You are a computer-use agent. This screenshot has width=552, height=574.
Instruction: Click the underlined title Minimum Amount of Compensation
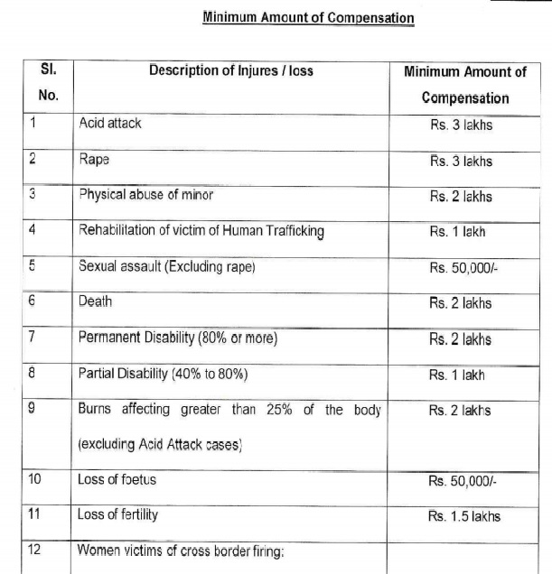pyautogui.click(x=308, y=16)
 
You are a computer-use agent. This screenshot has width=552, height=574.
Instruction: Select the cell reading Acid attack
pyautogui.click(x=110, y=123)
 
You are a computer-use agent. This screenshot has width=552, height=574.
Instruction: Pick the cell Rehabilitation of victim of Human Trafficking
pyautogui.click(x=201, y=230)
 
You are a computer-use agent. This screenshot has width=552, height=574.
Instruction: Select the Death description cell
pyautogui.click(x=97, y=302)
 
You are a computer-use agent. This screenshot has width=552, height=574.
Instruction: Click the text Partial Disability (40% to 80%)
pyautogui.click(x=163, y=374)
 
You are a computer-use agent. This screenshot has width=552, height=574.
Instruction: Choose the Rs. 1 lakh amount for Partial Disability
pyautogui.click(x=458, y=374)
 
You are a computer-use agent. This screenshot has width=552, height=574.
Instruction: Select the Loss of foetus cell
pyautogui.click(x=117, y=479)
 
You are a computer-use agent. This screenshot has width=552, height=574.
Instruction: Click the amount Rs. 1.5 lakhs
pyautogui.click(x=464, y=516)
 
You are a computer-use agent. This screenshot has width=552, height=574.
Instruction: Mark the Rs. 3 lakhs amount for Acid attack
pyautogui.click(x=461, y=125)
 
